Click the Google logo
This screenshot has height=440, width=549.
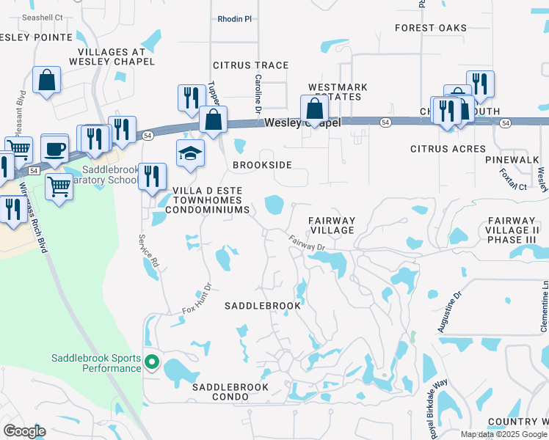click(x=23, y=431)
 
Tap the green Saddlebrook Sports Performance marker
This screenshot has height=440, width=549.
click(x=152, y=362)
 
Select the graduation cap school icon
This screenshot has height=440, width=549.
click(x=189, y=154)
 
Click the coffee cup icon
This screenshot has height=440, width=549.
click(x=55, y=149)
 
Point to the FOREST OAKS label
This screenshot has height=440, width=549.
click(x=430, y=28)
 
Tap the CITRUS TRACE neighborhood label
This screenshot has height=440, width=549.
click(x=250, y=65)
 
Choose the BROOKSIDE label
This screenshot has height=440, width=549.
click(x=262, y=166)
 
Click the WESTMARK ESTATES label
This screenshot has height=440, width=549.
click(x=337, y=92)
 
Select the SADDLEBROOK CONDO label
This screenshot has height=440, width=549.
click(x=230, y=386)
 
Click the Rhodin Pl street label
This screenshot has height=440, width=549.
click(x=234, y=19)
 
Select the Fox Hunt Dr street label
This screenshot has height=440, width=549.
click(x=196, y=300)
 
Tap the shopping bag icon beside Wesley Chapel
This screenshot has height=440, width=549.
click(x=314, y=109)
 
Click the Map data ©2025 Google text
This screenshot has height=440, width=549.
click(x=503, y=434)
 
